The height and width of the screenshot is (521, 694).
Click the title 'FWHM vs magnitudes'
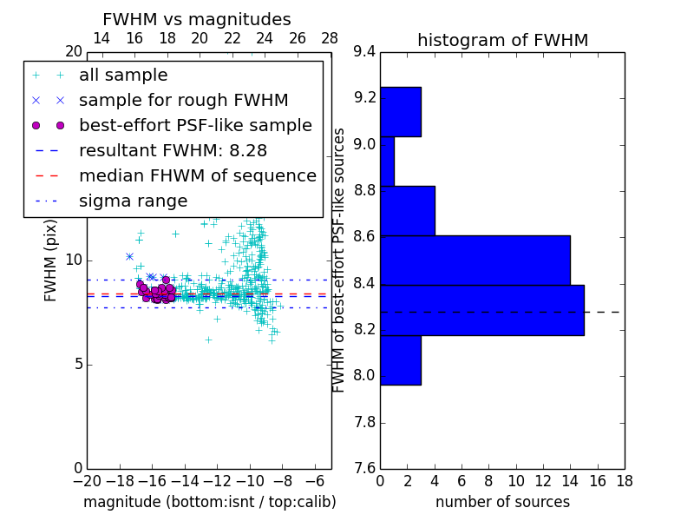pyautogui.click(x=197, y=19)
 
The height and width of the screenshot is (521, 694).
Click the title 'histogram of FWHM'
pyautogui.click(x=502, y=40)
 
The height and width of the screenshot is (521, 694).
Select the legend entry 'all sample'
pyautogui.click(x=123, y=76)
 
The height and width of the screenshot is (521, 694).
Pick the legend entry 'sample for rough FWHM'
pyautogui.click(x=183, y=100)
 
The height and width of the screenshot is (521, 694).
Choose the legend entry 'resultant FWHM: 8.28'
pyautogui.click(x=173, y=150)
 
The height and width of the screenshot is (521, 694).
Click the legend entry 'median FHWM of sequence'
pyautogui.click(x=197, y=175)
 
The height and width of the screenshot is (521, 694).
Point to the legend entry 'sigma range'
pyautogui.click(x=133, y=201)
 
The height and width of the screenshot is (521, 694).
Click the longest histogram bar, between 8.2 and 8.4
pyautogui.click(x=481, y=310)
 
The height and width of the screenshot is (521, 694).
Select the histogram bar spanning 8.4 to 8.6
pyautogui.click(x=475, y=260)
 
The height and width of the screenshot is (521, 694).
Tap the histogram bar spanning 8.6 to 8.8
pyautogui.click(x=407, y=211)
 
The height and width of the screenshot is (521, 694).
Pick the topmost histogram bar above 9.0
pyautogui.click(x=400, y=111)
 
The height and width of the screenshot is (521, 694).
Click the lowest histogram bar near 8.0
pyautogui.click(x=400, y=359)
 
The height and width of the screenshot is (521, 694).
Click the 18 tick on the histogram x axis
pyautogui.click(x=624, y=480)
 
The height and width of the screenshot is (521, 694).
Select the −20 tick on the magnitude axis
pyautogui.click(x=87, y=480)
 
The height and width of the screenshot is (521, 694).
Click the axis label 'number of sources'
pyautogui.click(x=502, y=502)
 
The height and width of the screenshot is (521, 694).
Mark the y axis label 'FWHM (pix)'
pyautogui.click(x=51, y=260)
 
